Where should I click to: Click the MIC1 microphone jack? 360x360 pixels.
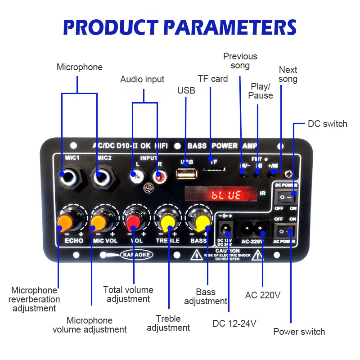[72, 176]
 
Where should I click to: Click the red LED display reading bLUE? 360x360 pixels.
[221, 194]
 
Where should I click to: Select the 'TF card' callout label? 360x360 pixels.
[213, 79]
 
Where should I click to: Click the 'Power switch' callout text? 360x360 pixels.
[299, 332]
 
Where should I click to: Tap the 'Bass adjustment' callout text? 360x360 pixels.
[206, 297]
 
